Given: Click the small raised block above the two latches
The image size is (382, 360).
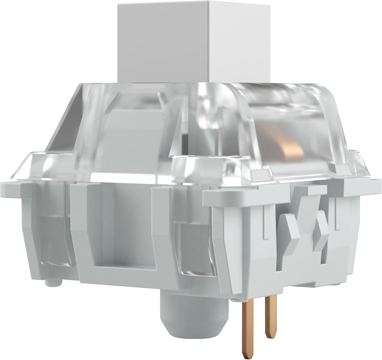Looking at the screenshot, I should pyautogui.click(x=310, y=190).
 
